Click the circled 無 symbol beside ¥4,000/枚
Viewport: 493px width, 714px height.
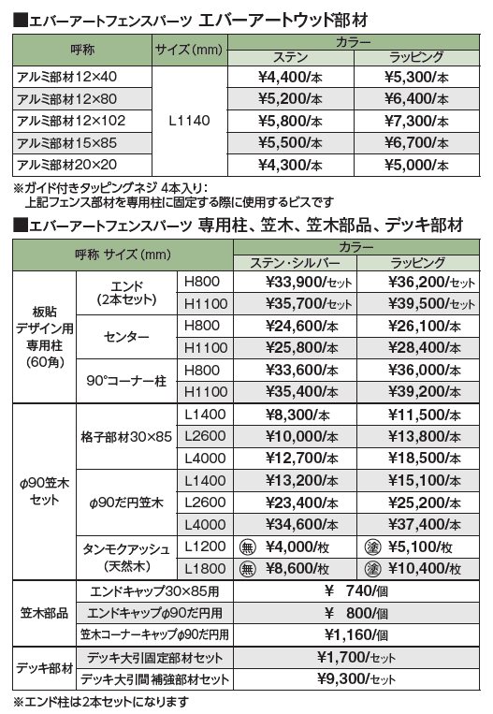248,547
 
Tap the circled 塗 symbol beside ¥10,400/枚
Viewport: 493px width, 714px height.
371,567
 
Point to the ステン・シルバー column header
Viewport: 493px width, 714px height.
299,265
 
